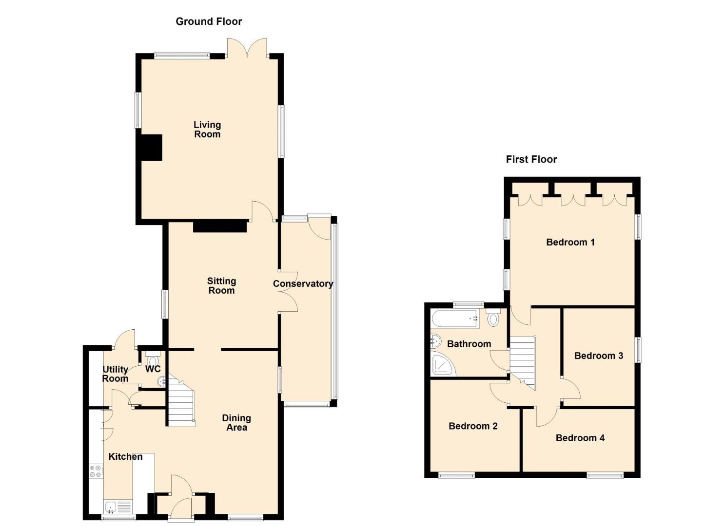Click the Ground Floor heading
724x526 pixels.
point(209,21)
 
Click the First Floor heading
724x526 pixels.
point(531,159)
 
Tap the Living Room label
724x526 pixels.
point(207,130)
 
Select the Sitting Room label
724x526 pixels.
point(221,286)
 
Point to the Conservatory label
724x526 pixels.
point(303,284)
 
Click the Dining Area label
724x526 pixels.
point(236,423)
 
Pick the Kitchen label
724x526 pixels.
point(125,456)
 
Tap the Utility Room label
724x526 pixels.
point(115,374)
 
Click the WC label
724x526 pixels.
point(153,369)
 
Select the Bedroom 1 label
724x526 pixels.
point(570,242)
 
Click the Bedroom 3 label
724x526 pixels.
point(598,356)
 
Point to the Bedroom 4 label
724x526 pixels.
point(580,438)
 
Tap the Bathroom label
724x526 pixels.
point(469,344)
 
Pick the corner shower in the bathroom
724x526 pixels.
point(443,365)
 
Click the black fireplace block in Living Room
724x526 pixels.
point(151,147)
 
